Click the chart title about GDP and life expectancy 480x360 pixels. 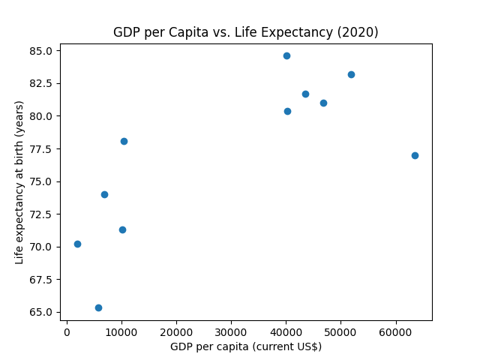tap(245, 32)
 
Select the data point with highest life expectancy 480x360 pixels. tap(286, 55)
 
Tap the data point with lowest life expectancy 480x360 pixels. tap(98, 307)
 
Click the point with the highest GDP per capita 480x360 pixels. tap(415, 155)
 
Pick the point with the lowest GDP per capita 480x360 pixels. tap(77, 244)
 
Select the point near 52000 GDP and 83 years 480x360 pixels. tap(351, 74)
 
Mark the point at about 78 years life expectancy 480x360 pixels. tap(124, 141)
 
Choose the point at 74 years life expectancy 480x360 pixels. tap(104, 194)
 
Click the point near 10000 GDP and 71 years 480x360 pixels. tap(122, 229)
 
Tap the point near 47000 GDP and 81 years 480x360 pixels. tap(323, 103)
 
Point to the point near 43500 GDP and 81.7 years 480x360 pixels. tap(305, 94)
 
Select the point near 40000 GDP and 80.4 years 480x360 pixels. tap(287, 111)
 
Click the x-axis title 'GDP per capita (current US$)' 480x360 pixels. tap(245, 346)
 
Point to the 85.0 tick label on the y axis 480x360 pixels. tap(41, 51)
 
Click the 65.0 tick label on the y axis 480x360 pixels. tap(41, 312)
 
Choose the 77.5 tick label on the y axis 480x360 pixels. tap(41, 149)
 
